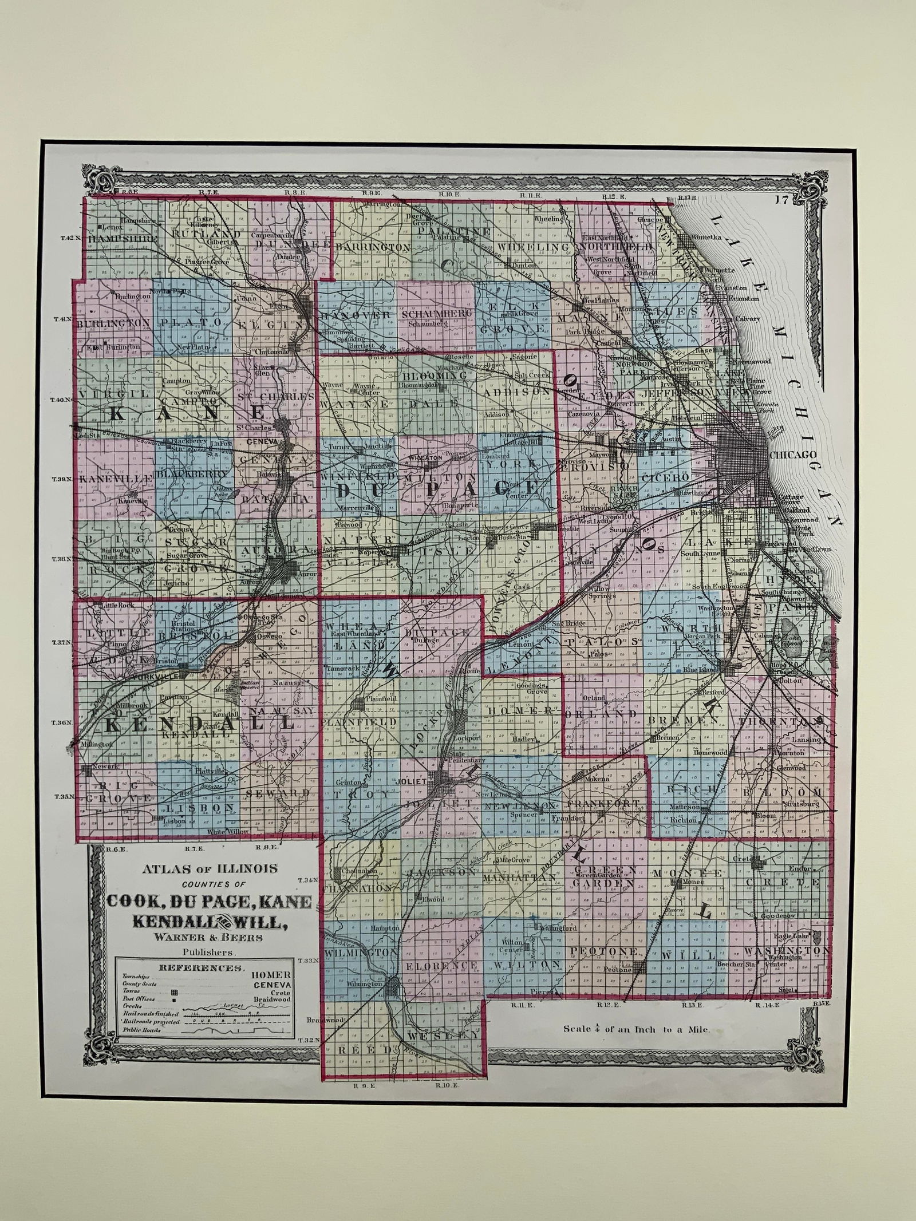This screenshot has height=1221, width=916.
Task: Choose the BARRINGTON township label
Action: click(x=373, y=247)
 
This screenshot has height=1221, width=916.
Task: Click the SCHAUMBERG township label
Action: click(x=438, y=314)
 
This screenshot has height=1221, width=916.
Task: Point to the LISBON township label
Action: click(x=200, y=808)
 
